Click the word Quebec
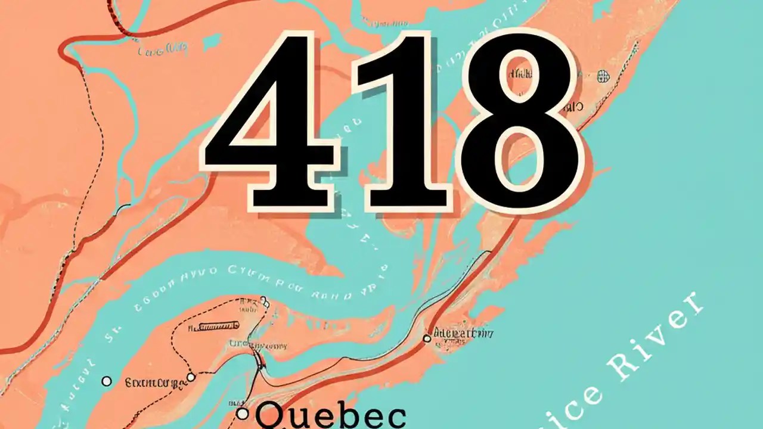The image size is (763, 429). tap(331, 416)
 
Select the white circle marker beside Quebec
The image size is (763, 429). tap(242, 413)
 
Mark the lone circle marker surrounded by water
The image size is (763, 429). tap(107, 381)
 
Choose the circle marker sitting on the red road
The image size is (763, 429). tap(426, 338)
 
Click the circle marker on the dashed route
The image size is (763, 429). tap(191, 377)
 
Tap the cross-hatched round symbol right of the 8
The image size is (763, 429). tap(603, 76)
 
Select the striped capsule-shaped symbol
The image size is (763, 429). tap(218, 325)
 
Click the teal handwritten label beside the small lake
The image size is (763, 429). tap(163, 50)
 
